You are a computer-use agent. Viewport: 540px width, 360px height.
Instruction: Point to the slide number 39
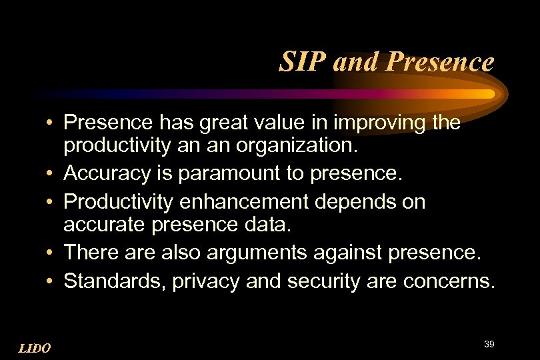[x=489, y=343]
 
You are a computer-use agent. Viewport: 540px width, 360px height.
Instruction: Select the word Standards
[x=115, y=281]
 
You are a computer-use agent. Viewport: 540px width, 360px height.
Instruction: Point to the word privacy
[x=205, y=281]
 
